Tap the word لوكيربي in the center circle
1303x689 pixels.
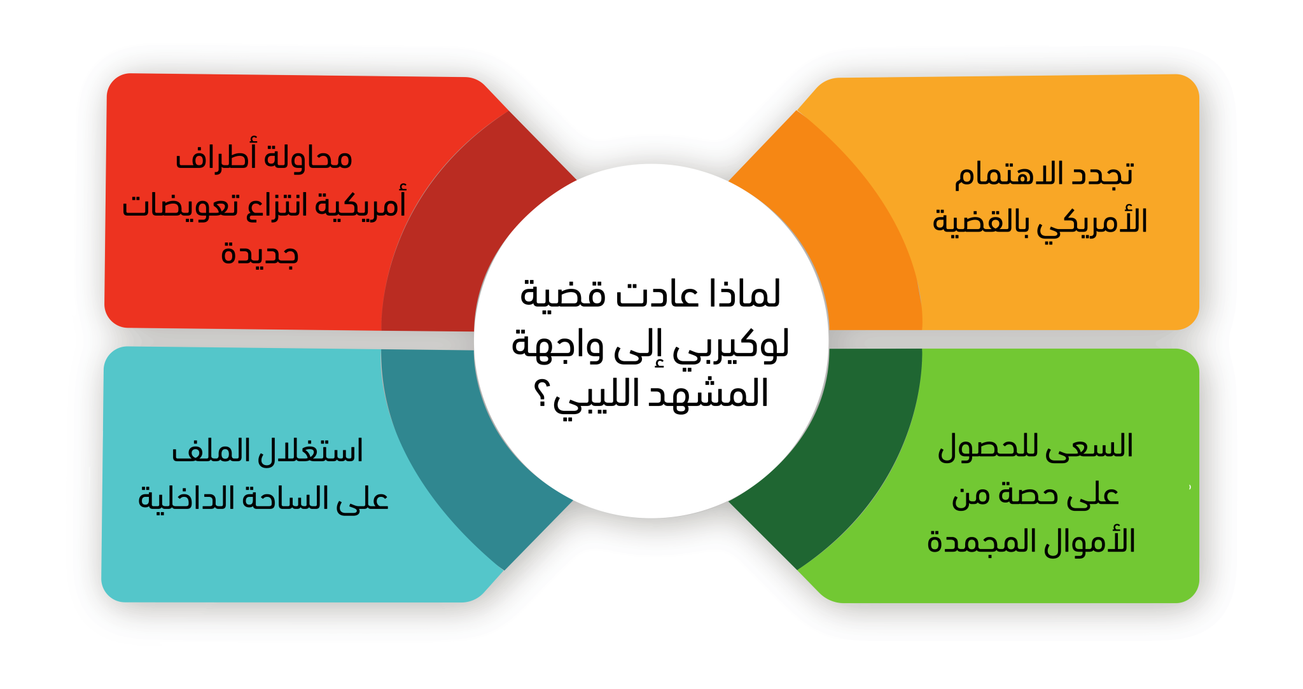(x=731, y=346)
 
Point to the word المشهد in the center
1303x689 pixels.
(x=708, y=393)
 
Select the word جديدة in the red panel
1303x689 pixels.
(x=260, y=254)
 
